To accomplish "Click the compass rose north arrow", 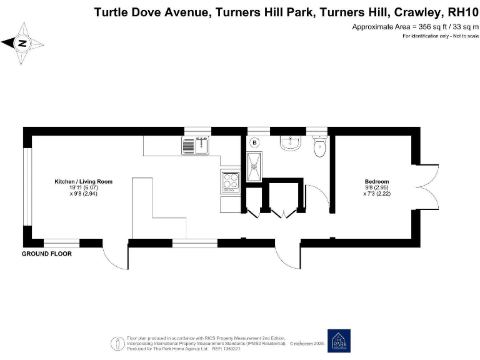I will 22,43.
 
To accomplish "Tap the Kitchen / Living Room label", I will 83,181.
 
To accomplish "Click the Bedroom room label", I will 377,181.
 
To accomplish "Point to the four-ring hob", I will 229,181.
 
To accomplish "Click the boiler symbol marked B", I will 254,142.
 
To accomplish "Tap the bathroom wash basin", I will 291,144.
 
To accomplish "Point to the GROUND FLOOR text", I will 47,254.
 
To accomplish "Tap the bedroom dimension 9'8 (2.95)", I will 377,187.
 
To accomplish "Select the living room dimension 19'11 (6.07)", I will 83,187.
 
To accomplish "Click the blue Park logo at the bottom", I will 339,341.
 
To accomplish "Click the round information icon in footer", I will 117,343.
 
